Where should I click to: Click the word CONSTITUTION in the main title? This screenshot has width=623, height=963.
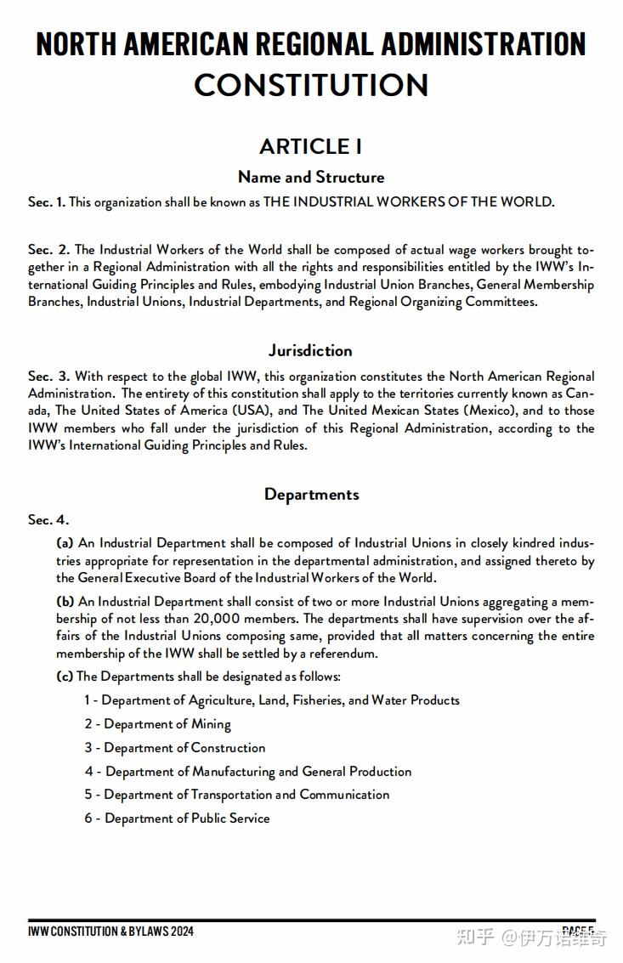click(311, 85)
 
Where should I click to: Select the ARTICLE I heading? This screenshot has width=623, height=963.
click(311, 146)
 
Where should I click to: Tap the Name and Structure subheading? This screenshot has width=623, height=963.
click(311, 177)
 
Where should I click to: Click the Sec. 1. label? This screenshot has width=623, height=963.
click(46, 202)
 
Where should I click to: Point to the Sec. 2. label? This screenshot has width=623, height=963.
click(48, 250)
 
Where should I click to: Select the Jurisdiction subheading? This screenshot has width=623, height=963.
click(311, 350)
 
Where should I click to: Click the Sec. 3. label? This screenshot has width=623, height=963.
click(48, 377)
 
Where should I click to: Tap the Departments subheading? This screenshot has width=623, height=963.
click(311, 494)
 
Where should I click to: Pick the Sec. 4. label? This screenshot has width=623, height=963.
click(48, 520)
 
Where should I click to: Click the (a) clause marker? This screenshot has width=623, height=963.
click(65, 542)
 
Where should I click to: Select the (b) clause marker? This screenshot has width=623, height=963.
click(65, 601)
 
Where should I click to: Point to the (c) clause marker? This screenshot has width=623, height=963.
click(65, 677)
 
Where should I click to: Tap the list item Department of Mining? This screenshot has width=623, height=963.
click(157, 724)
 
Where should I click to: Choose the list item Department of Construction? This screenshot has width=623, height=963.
click(174, 748)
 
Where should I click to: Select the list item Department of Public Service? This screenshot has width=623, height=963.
click(177, 819)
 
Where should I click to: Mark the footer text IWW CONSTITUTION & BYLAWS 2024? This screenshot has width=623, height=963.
click(110, 932)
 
